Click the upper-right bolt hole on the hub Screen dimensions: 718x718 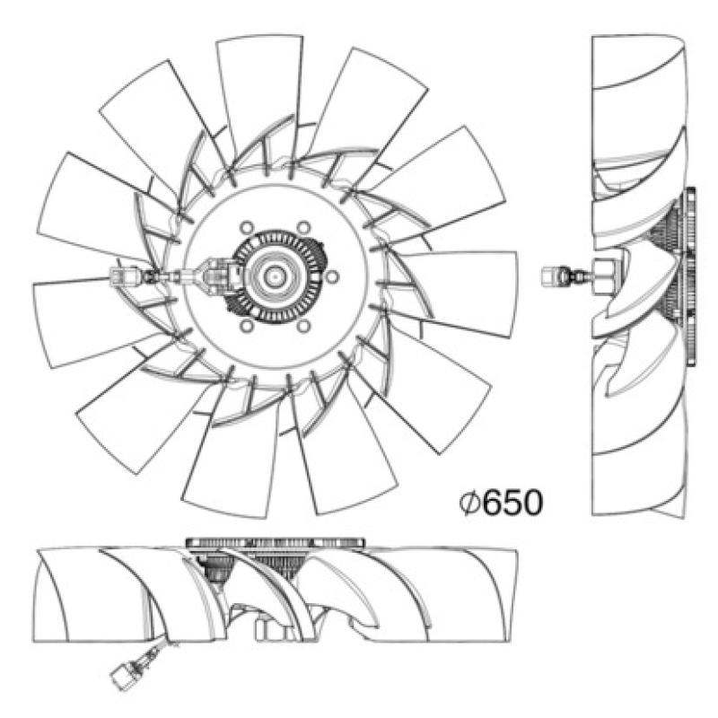coord(303,226)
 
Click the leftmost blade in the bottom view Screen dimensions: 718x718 coord(63,592)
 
